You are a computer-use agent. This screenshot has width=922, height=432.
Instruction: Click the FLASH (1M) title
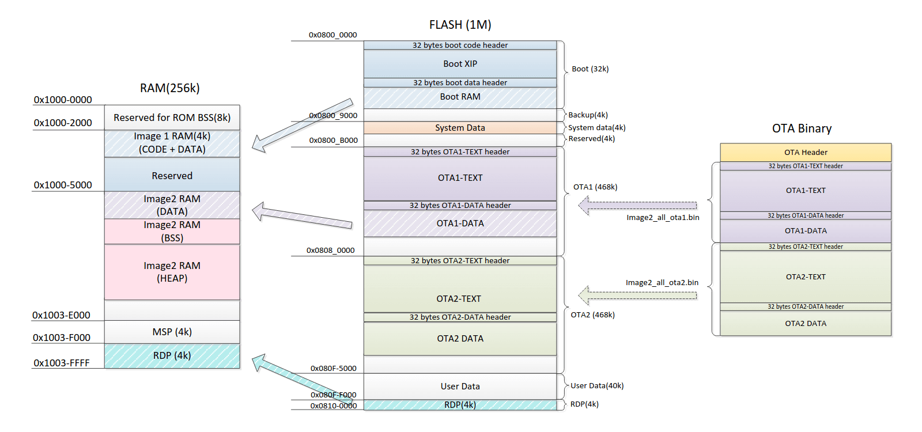click(460, 25)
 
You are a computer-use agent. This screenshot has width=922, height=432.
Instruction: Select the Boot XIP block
click(460, 64)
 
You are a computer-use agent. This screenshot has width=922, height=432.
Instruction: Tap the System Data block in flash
click(460, 128)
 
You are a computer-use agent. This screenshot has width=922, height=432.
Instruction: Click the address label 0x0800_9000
click(332, 115)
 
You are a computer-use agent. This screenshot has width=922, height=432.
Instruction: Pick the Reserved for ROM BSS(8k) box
click(172, 118)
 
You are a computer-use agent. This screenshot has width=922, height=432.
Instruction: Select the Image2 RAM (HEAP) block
click(172, 272)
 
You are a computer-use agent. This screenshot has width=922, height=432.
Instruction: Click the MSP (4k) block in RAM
click(172, 332)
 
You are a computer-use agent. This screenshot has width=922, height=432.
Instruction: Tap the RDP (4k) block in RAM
click(172, 356)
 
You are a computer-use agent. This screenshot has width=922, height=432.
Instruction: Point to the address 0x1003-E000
click(61, 315)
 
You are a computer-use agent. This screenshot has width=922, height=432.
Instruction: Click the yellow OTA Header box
click(805, 152)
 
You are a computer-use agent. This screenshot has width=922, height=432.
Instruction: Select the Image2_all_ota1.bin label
click(663, 217)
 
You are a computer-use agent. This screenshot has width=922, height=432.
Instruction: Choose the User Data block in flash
click(460, 386)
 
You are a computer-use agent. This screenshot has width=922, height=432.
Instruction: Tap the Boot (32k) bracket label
click(590, 69)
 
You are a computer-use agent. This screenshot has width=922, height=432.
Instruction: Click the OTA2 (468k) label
click(592, 314)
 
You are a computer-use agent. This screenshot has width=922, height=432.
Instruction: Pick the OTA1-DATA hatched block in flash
click(460, 223)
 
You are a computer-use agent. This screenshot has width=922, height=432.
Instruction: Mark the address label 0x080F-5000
click(333, 369)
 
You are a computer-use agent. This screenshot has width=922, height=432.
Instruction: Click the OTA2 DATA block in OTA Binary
click(805, 324)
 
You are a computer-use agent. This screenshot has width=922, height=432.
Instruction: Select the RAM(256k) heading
click(169, 88)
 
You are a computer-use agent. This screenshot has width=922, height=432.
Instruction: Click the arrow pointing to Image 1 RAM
click(303, 125)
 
